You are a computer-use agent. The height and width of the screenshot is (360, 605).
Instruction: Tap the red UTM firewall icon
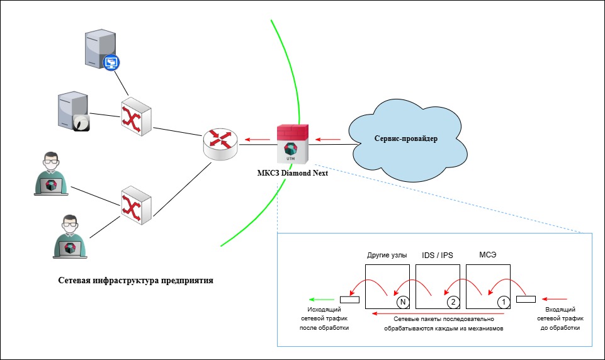coord(293,143)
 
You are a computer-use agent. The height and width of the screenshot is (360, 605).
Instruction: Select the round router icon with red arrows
coord(220,144)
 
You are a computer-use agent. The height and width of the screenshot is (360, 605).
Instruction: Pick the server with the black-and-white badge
coord(74,111)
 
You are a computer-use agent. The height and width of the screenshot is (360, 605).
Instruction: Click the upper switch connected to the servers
coord(136,116)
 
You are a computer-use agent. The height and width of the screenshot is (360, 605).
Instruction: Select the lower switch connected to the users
coord(136,205)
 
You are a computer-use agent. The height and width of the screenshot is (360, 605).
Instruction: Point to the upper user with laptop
coord(51,174)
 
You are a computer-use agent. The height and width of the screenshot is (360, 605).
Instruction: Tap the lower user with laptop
coord(70,237)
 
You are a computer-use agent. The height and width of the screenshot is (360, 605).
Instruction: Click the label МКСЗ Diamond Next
coord(293,173)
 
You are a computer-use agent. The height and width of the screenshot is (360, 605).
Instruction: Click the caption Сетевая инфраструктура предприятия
coord(136,281)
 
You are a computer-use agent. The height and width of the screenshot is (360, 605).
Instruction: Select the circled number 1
coord(504,302)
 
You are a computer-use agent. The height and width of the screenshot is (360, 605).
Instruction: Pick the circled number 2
coord(453,302)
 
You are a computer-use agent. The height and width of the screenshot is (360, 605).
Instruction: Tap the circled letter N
coord(403,302)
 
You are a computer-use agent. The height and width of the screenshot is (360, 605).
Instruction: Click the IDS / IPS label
coord(438,256)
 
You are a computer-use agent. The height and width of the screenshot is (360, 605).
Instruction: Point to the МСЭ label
coord(488,255)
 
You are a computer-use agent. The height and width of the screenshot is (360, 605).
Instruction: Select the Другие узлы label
coord(387,255)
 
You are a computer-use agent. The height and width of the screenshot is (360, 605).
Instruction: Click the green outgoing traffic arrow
coord(322,300)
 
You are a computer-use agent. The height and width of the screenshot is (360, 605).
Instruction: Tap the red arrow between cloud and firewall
coord(328,139)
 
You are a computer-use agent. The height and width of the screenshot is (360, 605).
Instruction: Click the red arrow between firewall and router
coord(257,139)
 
